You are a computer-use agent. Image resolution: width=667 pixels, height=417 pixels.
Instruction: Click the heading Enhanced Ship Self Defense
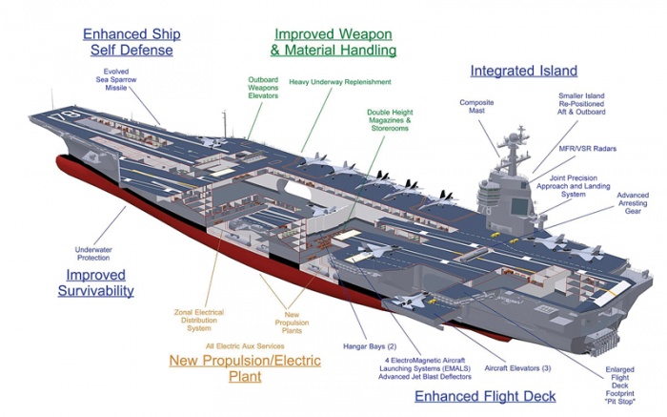pyautogui.click(x=131, y=42)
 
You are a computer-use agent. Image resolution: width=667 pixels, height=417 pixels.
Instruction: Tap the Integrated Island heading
pyautogui.click(x=524, y=71)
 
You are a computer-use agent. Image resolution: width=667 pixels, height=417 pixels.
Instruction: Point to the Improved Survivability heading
pyautogui.click(x=93, y=282)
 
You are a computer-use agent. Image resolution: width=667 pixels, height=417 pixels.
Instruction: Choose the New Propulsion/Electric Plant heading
pyautogui.click(x=245, y=368)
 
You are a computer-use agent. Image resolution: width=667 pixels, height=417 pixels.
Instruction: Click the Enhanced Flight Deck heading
pyautogui.click(x=485, y=396)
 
